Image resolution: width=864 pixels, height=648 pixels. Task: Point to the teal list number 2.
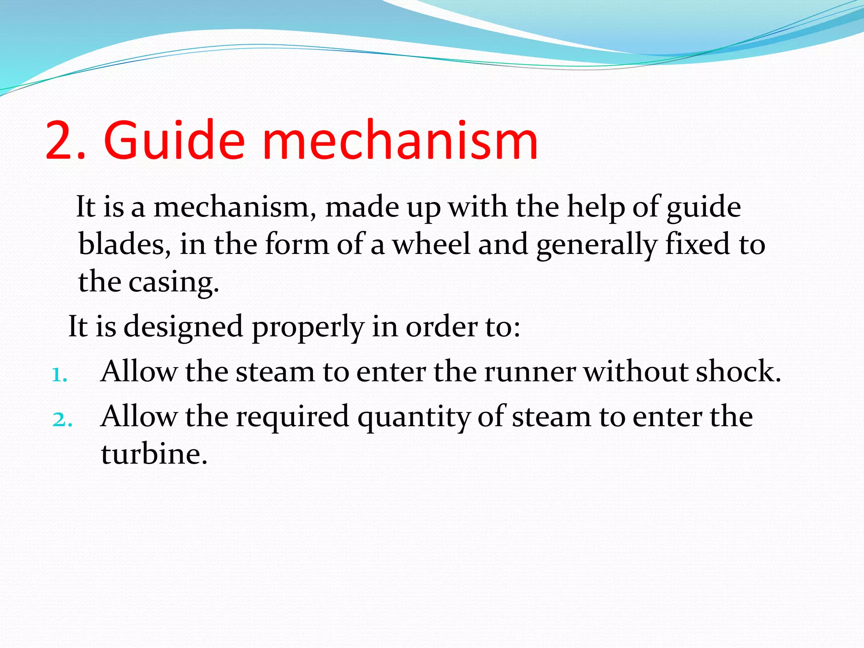pos(62,420)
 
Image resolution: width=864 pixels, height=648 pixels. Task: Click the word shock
pos(738,372)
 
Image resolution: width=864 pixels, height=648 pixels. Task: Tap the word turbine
pos(154,454)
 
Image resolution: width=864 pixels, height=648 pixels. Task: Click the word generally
pos(597,245)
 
